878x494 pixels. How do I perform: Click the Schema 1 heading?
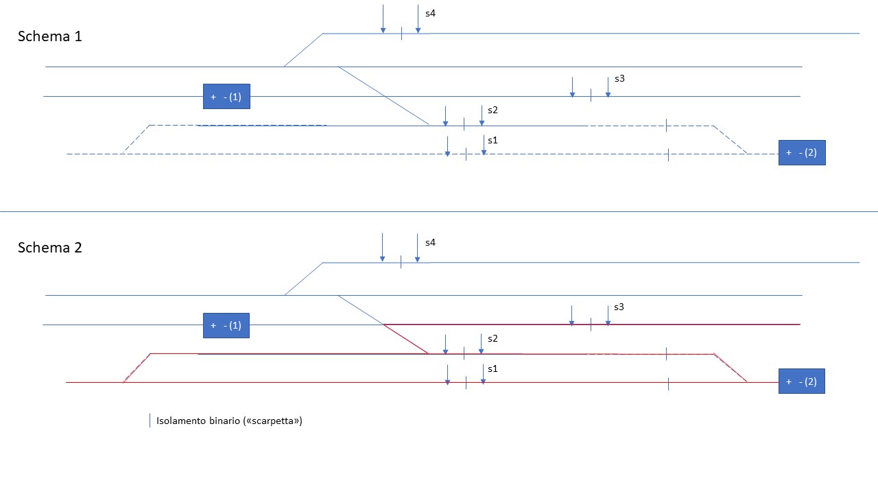tap(49, 36)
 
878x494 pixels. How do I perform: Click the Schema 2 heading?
tap(49, 248)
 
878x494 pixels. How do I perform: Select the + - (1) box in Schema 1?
tap(226, 97)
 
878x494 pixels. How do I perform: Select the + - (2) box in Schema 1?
tap(802, 152)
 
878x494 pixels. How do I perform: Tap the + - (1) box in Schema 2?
tap(226, 325)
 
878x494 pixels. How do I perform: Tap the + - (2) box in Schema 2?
tap(801, 381)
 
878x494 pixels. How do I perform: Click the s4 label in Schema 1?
tap(430, 13)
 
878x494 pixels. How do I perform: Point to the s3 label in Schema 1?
tap(619, 78)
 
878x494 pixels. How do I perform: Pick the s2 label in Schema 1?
tap(493, 110)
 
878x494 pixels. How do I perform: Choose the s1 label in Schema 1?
tap(492, 140)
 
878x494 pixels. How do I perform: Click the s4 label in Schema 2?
tap(430, 242)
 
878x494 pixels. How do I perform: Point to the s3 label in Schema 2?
tap(619, 307)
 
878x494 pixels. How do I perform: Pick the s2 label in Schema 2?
tap(493, 338)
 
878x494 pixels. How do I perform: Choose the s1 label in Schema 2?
tap(492, 368)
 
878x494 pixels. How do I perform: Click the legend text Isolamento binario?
tap(200, 421)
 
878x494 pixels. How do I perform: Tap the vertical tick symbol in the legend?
tap(150, 421)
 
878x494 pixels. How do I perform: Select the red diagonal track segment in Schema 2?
tap(406, 339)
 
